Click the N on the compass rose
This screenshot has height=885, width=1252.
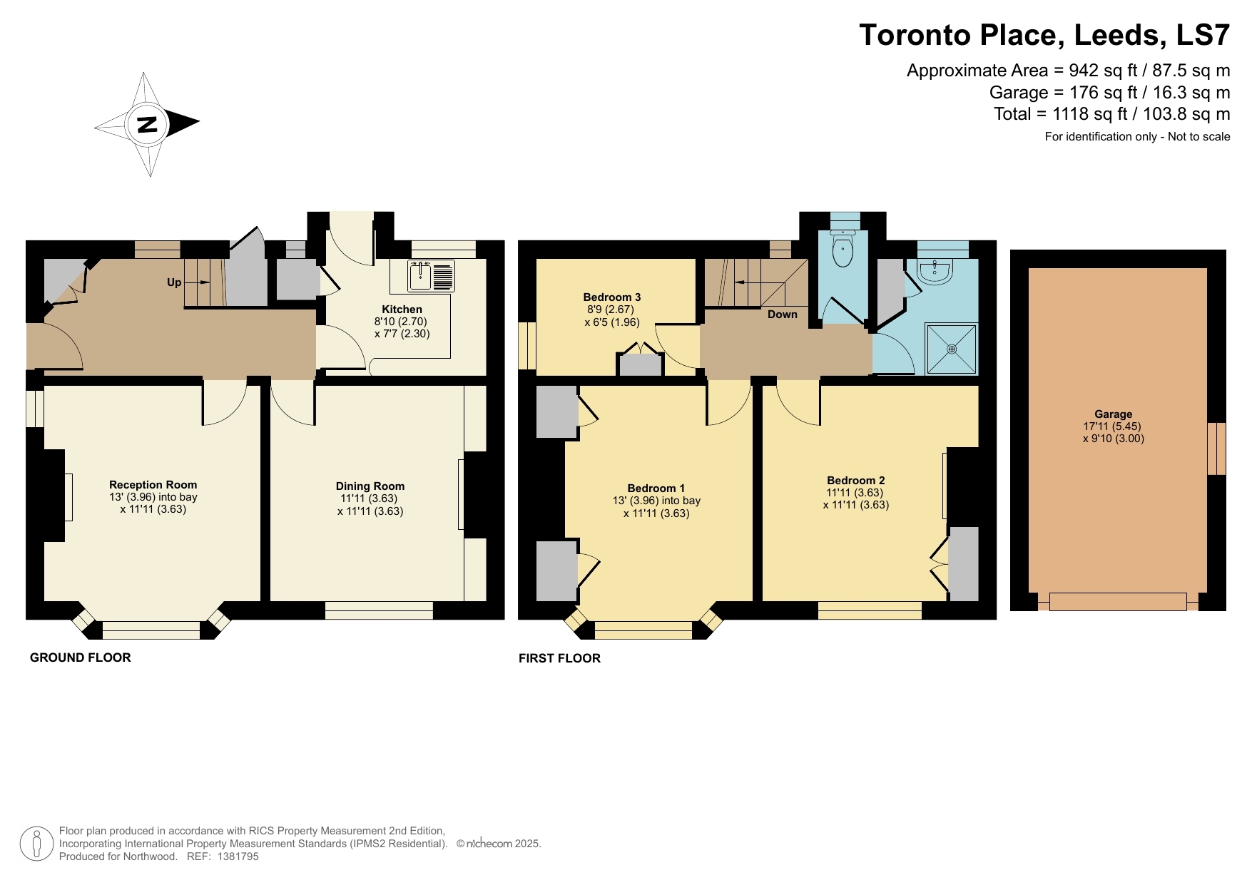pos(146,125)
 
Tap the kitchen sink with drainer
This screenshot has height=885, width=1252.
pos(431,277)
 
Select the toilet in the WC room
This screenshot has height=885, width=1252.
pos(843,250)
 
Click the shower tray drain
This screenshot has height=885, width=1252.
pos(952,349)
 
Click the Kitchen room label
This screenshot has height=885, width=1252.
pos(402,309)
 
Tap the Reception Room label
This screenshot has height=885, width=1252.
pos(153,485)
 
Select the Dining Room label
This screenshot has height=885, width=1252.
pos(370,486)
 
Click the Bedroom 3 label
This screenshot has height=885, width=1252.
pos(611,297)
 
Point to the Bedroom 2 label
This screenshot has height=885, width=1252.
pos(855,481)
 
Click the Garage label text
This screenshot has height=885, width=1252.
pos(1113,414)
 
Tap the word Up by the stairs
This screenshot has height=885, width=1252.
pos(174,282)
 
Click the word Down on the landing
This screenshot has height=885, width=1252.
pos(782,314)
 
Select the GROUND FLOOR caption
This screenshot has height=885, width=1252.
pos(80,658)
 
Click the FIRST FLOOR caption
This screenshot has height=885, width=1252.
pos(559,658)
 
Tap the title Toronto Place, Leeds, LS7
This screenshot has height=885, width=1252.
pos(1044,35)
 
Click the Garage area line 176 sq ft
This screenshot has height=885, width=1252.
pos(1109,93)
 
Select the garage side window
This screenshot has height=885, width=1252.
pos(1216,449)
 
